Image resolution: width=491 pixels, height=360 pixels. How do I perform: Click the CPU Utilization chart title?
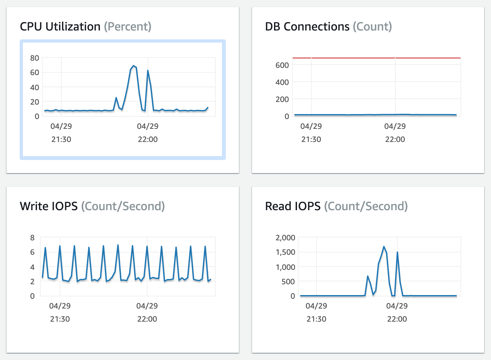point(60,27)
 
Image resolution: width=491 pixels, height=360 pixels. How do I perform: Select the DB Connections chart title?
point(307,27)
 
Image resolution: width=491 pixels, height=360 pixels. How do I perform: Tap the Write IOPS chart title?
point(49,206)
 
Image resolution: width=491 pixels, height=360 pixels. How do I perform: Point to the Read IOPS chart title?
point(293,206)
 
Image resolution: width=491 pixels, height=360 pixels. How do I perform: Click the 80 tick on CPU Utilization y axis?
point(34,58)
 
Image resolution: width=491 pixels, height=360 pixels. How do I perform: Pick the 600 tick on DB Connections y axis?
point(282,65)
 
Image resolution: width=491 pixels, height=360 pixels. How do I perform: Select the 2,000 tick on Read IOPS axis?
point(285,237)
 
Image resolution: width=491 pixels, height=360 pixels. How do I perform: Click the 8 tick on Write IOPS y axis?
point(32,238)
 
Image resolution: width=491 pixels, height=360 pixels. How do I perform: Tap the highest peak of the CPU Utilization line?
point(133,66)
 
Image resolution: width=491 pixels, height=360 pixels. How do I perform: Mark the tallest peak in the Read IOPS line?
point(384,247)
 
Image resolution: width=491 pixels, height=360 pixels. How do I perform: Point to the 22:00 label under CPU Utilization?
point(147,139)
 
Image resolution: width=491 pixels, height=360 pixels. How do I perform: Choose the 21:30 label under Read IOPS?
point(316,319)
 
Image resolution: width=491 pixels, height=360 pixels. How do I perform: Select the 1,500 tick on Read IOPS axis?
point(285,252)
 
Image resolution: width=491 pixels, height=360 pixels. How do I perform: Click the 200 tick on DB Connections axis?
point(282,99)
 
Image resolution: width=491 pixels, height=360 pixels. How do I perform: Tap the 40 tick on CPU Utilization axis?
point(34,88)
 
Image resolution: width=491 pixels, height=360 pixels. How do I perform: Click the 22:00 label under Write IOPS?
point(147,319)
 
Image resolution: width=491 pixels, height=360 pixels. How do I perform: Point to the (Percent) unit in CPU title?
point(128,27)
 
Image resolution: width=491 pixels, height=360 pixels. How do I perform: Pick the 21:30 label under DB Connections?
point(311,139)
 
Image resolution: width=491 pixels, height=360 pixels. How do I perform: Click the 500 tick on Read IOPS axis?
point(288,282)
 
